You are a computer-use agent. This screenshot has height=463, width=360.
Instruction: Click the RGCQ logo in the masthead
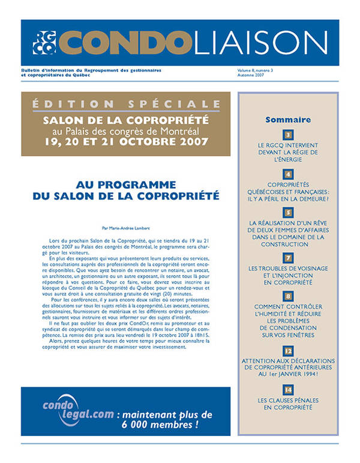tap(44, 42)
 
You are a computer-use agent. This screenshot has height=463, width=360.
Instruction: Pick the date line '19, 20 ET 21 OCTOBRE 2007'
tap(126, 142)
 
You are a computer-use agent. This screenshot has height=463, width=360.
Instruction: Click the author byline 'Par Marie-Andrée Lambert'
tap(126, 228)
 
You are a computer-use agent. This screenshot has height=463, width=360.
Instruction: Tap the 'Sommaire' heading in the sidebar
tap(288, 120)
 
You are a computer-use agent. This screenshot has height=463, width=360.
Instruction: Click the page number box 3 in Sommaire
tap(288, 135)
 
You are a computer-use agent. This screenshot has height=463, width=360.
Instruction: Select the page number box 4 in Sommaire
tap(288, 174)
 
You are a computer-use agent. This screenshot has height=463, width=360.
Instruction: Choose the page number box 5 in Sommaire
tap(288, 213)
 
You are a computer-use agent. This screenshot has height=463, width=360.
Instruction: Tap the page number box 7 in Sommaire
tap(288, 258)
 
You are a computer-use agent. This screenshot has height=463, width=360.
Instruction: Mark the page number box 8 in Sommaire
tap(288, 296)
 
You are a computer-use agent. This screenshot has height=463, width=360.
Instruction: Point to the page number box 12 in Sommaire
tap(288, 350)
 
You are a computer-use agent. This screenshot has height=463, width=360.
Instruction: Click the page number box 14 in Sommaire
tap(288, 390)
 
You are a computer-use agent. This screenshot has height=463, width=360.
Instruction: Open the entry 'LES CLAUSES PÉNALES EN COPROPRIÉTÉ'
tap(288, 404)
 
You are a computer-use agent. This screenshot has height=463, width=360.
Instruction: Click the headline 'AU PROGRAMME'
tap(126, 184)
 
